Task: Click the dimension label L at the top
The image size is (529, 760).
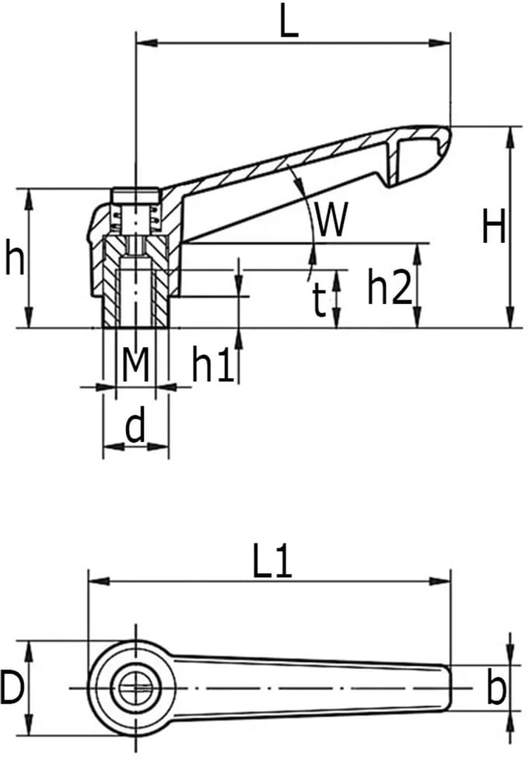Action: tap(289, 21)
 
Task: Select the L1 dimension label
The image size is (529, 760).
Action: tap(272, 562)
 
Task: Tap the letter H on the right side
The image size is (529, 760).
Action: tap(493, 226)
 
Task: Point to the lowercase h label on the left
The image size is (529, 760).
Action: tap(15, 257)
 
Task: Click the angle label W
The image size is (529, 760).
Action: tap(331, 219)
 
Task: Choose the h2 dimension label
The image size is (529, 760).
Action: tap(389, 287)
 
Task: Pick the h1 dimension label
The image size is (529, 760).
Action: tap(213, 364)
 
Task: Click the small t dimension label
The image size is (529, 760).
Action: tap(318, 300)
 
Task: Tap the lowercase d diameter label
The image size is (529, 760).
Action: tap(135, 426)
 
